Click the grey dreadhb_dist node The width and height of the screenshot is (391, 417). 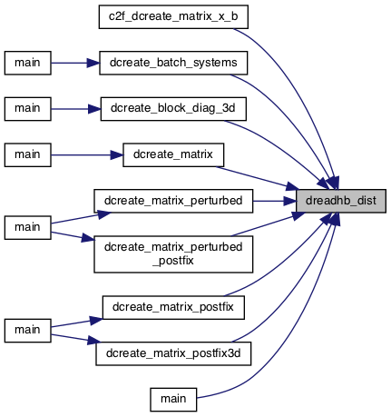tap(341, 201)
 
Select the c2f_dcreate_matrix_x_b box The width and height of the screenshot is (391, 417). tap(173, 17)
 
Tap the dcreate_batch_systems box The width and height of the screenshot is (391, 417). tap(173, 63)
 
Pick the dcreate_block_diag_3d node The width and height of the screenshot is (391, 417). tap(173, 109)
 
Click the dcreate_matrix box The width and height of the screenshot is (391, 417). tap(173, 155)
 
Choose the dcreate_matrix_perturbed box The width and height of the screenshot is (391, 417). tap(173, 201)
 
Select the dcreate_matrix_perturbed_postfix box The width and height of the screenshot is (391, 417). tap(173, 254)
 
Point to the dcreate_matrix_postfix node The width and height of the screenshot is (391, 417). tap(173, 307)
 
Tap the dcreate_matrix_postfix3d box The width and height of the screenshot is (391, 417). tap(173, 353)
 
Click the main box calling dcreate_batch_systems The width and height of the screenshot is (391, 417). tap(27, 63)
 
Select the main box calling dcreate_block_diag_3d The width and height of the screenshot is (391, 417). tap(27, 109)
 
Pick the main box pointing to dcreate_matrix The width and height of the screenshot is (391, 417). tap(27, 155)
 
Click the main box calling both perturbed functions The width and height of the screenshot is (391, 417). tap(27, 228)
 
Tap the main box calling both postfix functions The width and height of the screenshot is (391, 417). tap(27, 331)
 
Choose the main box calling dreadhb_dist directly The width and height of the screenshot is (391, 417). tap(173, 400)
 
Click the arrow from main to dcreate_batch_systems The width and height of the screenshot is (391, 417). tap(75, 63)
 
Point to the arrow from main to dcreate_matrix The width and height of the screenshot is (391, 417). tap(87, 155)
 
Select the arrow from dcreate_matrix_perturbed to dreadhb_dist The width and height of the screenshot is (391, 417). tap(274, 201)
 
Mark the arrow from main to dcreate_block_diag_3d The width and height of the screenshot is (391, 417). tap(75, 109)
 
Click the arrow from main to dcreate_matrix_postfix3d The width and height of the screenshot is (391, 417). tap(75, 339)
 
